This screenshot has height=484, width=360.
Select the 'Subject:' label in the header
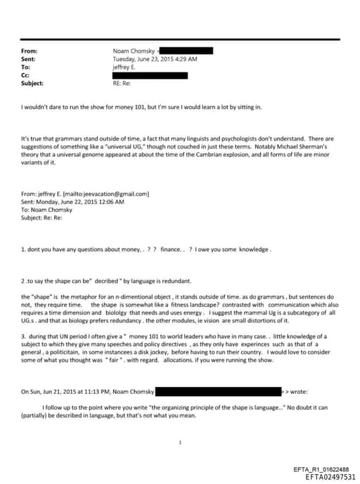(32, 83)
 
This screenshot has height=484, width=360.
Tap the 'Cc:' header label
(26, 75)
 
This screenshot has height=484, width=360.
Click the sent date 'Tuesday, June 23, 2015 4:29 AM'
(155, 59)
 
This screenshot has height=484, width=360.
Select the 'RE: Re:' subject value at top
(122, 83)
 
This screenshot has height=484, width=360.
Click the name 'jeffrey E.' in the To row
(126, 67)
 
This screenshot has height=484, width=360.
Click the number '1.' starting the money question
(24, 249)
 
